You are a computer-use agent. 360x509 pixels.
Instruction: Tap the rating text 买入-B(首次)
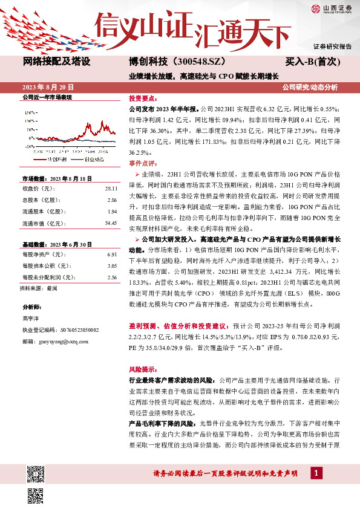tap(312, 62)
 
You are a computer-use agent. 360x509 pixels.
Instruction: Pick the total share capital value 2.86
tap(111, 200)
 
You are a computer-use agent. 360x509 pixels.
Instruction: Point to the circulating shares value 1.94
tap(111, 212)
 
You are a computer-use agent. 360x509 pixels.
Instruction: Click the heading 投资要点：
tap(143, 98)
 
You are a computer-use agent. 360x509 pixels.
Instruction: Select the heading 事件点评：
tap(143, 163)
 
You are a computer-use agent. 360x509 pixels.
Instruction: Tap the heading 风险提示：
tap(143, 368)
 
